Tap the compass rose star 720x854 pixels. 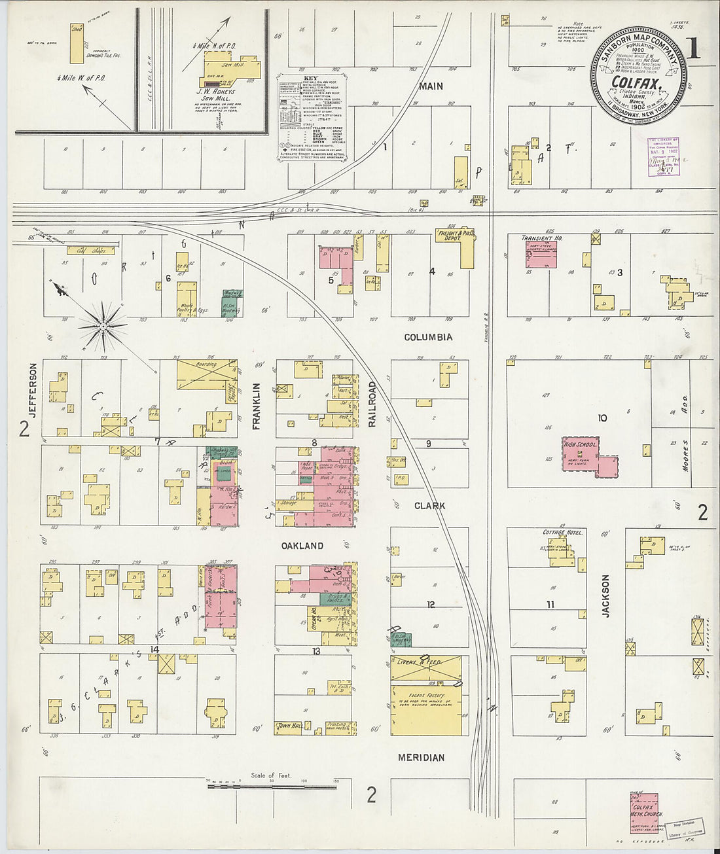(103, 325)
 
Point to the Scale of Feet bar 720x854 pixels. (272, 784)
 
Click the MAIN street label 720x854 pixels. (431, 86)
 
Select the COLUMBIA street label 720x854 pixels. (428, 337)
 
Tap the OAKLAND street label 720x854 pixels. (302, 545)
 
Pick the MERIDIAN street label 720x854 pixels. (422, 757)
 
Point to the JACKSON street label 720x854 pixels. (605, 596)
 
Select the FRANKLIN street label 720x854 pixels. (257, 406)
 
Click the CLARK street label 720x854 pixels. (429, 506)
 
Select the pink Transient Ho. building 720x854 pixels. (541, 254)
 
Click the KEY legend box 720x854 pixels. (313, 118)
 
